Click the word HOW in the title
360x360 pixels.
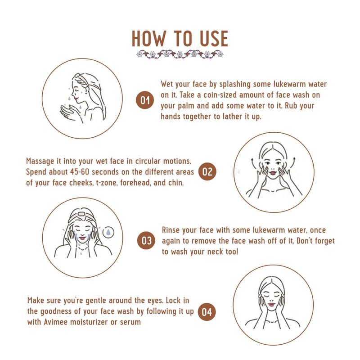coord(148,39)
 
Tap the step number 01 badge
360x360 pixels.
coord(144,100)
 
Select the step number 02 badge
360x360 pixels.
coord(207,171)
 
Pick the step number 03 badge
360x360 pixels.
coord(146,241)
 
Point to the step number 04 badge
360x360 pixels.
coord(207,312)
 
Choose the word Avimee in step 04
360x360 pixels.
coord(56,322)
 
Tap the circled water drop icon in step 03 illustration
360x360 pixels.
coord(108,232)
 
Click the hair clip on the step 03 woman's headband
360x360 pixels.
coord(81,214)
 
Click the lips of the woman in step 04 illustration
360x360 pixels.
coord(271,305)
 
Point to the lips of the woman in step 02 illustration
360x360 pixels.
coord(273,173)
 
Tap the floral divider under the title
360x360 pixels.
coord(180,54)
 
